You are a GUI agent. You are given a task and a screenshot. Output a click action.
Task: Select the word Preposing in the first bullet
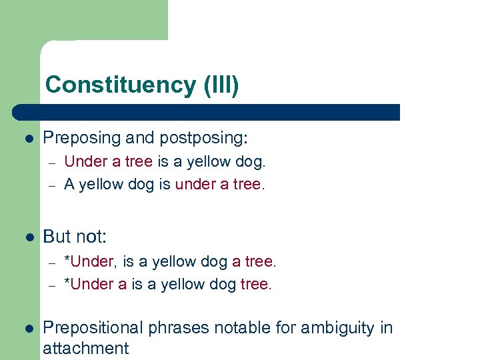click(x=82, y=138)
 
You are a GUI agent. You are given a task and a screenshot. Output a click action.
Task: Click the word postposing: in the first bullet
click(x=203, y=138)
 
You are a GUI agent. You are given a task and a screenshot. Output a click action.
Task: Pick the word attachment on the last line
click(x=85, y=348)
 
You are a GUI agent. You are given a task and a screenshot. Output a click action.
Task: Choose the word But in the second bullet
click(x=57, y=237)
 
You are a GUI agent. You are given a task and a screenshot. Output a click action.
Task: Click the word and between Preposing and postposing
click(x=139, y=138)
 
